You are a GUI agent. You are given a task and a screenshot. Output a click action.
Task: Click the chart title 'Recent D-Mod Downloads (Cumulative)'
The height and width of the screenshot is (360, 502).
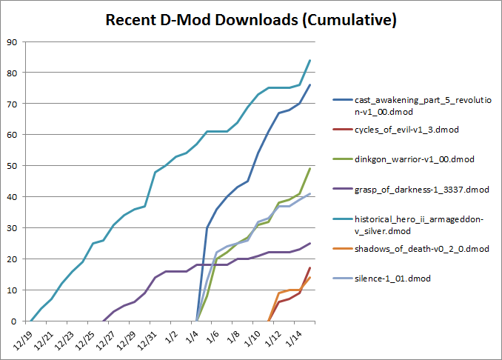pyautogui.click(x=251, y=20)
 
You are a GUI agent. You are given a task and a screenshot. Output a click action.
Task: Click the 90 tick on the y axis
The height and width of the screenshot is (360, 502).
pyautogui.click(x=13, y=41)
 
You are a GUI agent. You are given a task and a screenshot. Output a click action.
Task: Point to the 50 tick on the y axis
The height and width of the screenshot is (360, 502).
pyautogui.click(x=13, y=166)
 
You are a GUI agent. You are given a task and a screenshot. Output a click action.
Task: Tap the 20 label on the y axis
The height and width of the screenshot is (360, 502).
pyautogui.click(x=13, y=259)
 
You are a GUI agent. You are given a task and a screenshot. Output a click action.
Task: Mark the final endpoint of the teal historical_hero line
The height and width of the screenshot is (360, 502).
pyautogui.click(x=309, y=60)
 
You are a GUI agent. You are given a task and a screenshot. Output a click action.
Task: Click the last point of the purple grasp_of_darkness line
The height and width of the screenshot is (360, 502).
pyautogui.click(x=309, y=243)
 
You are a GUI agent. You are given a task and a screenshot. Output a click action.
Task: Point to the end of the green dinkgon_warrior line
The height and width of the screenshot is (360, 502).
pyautogui.click(x=309, y=168)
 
